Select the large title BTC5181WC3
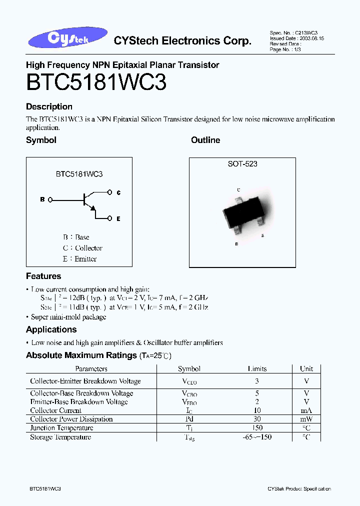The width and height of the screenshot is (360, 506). click(x=96, y=82)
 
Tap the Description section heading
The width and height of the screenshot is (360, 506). click(x=49, y=106)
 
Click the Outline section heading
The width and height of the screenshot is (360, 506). click(x=205, y=140)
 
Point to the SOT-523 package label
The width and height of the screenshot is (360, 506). click(x=242, y=164)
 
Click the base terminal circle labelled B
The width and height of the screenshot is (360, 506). click(x=49, y=199)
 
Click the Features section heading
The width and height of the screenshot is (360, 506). click(x=43, y=276)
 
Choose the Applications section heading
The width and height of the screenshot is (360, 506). click(x=51, y=329)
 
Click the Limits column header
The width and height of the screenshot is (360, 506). click(x=257, y=369)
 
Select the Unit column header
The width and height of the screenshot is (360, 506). click(x=306, y=369)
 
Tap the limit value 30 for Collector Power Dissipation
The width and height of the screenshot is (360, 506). click(x=257, y=419)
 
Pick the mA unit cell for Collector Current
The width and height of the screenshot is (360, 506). click(x=306, y=410)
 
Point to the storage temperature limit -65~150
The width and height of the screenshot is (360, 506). click(x=257, y=437)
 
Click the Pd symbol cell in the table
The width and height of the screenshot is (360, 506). click(x=189, y=419)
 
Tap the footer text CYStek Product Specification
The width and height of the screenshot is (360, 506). click(x=299, y=488)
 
